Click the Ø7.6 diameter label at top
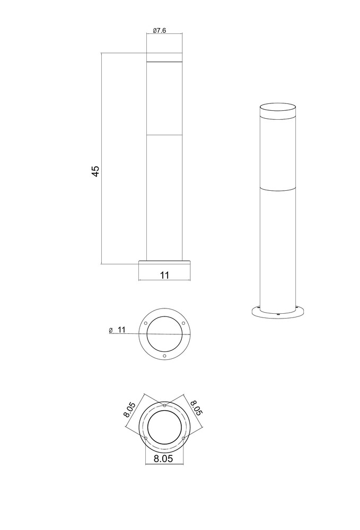[x=159, y=31]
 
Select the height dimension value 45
[x=95, y=171]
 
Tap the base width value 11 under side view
[x=164, y=275]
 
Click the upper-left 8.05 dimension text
[x=129, y=410]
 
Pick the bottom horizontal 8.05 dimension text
[x=163, y=458]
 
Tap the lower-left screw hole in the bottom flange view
[x=146, y=438]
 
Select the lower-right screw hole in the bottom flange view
[x=183, y=438]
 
